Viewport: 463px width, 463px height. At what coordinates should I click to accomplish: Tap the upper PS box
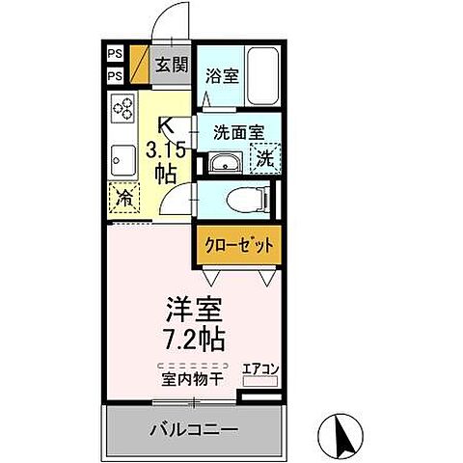click(115, 54)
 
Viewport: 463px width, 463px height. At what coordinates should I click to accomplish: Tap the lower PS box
click(115, 75)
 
